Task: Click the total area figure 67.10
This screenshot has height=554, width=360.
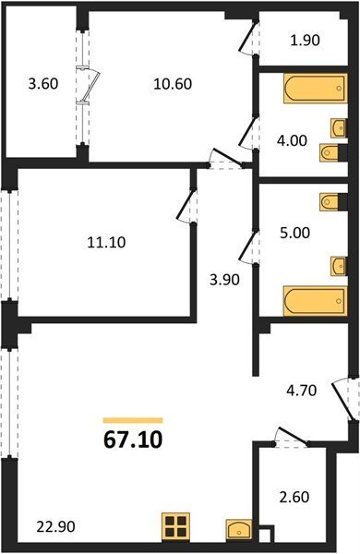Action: (x=133, y=440)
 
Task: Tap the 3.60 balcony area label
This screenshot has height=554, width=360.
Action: (x=43, y=84)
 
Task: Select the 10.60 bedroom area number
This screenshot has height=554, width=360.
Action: (x=173, y=84)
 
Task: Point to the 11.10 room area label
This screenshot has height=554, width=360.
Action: (x=106, y=243)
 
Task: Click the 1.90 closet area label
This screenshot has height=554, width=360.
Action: (x=306, y=41)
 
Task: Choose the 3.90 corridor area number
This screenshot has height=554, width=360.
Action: (x=224, y=280)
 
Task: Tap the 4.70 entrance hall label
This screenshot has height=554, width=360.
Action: (x=301, y=391)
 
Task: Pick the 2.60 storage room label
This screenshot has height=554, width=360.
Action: (x=294, y=497)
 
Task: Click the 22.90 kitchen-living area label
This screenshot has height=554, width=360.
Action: (x=55, y=527)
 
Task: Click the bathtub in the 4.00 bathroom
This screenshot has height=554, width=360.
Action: (x=316, y=89)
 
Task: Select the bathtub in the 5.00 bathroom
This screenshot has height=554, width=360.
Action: (x=316, y=301)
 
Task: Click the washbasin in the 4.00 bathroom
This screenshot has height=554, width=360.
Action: (x=338, y=128)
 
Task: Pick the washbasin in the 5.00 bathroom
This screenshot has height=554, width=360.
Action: (x=338, y=266)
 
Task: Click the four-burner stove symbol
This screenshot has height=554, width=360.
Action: (x=176, y=527)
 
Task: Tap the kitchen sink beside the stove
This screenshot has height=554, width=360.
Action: (x=239, y=529)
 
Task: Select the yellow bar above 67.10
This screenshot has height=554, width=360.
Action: (x=133, y=420)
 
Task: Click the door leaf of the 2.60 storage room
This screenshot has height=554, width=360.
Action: (x=294, y=436)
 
